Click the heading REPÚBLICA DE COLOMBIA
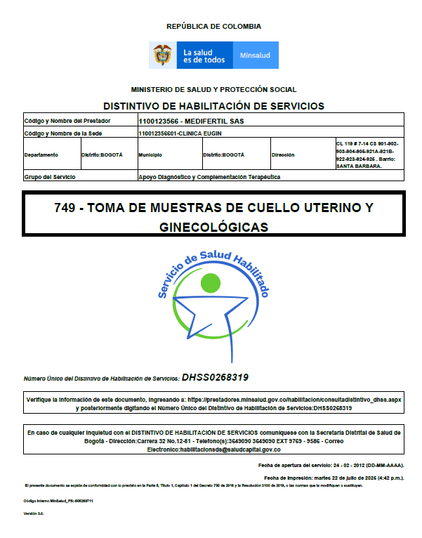click(213, 26)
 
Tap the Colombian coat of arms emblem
click(163, 55)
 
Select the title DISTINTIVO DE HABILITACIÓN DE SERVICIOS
click(213, 106)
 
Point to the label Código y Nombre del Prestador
click(67, 121)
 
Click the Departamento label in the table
click(41, 155)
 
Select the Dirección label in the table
click(284, 155)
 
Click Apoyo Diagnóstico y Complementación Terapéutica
click(209, 177)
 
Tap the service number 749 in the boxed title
click(66, 208)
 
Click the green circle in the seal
click(213, 282)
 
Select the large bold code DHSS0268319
click(215, 377)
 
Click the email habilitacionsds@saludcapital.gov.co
click(213, 449)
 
